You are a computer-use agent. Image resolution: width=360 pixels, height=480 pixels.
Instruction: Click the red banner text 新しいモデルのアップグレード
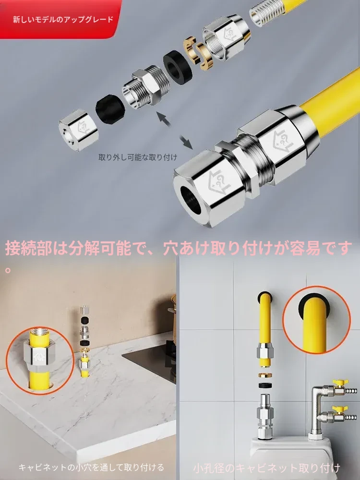(63, 20)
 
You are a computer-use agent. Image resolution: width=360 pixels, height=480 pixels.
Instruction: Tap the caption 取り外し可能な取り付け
(138, 157)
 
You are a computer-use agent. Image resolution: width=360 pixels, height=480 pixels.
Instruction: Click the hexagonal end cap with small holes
(79, 130)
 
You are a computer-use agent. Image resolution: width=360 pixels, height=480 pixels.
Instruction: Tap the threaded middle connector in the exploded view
(146, 86)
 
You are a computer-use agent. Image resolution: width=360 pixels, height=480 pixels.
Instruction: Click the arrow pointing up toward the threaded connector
(164, 119)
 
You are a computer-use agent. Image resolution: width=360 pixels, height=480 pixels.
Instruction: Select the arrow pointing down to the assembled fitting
(186, 142)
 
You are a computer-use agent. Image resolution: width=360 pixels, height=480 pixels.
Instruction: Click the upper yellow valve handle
(338, 383)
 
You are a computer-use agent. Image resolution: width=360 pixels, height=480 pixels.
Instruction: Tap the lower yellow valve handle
(338, 408)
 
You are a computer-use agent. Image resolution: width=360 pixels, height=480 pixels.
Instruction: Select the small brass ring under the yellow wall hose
(264, 375)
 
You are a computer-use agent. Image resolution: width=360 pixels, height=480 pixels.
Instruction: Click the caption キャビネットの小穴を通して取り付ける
(92, 468)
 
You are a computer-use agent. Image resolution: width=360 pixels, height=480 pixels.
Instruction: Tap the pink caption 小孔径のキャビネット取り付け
(266, 468)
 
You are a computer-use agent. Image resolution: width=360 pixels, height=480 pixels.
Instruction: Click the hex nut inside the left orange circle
(40, 355)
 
